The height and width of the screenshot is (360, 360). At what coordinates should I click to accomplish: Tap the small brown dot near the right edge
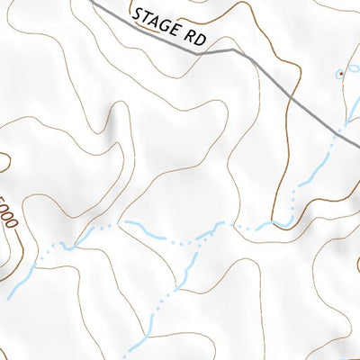coord(340,73)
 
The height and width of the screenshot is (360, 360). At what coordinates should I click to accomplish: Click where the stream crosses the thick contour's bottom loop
coord(291,217)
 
